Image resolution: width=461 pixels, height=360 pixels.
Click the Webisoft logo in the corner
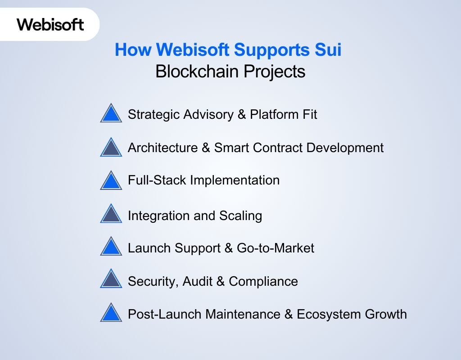pos(50,24)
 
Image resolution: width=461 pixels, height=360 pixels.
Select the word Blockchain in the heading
pos(194,72)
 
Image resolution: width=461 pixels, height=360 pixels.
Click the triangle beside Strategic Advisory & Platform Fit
pos(111,114)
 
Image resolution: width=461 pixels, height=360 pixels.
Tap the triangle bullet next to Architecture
pos(111,148)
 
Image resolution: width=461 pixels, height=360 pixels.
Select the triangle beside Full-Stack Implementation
pos(111,181)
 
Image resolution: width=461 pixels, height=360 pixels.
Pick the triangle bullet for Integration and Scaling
pos(111,214)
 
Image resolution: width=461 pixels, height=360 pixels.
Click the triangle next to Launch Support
pos(111,247)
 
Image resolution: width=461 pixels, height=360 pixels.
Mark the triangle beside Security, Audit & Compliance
pos(111,280)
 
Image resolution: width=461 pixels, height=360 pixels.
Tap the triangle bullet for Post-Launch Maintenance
pos(111,313)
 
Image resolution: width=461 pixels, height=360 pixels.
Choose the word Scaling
pos(240,216)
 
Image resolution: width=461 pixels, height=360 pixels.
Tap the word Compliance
pos(263,282)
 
